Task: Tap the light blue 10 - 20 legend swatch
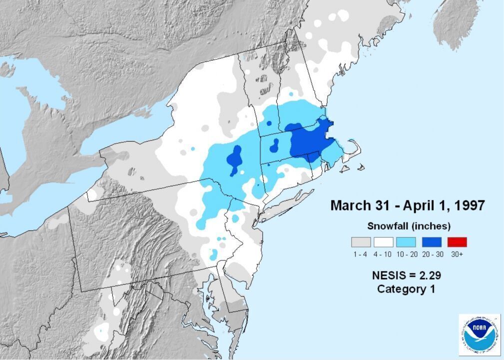[406, 242]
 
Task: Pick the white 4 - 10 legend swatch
[384, 242]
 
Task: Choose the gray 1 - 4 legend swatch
[361, 242]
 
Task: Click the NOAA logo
[480, 334]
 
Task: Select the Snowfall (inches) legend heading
[409, 225]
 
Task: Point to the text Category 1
[406, 289]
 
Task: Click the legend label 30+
[457, 254]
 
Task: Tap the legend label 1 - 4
[361, 254]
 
